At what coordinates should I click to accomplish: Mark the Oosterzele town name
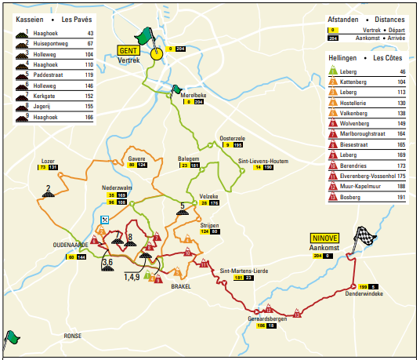pyautogui.click(x=234, y=138)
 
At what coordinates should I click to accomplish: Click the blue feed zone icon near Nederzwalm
pyautogui.click(x=104, y=220)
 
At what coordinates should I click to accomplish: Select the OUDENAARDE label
pyautogui.click(x=71, y=243)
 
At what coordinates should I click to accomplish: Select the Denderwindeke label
pyautogui.click(x=364, y=295)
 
